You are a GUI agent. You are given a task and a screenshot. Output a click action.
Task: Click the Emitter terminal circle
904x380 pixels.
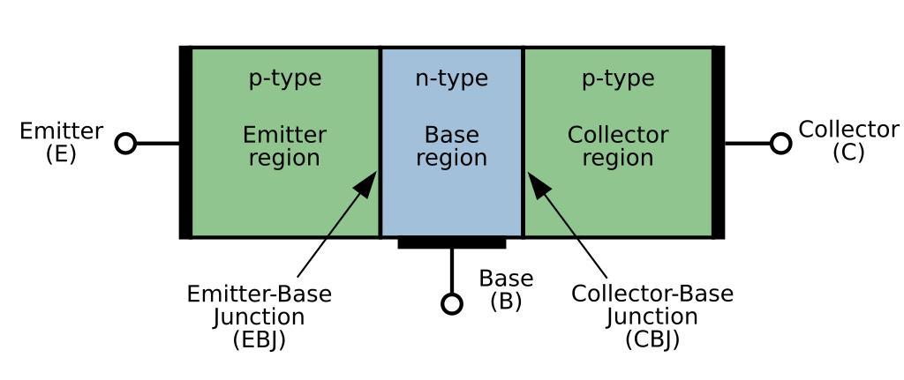tap(126, 143)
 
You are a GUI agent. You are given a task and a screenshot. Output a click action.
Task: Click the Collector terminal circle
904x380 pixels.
tap(780, 143)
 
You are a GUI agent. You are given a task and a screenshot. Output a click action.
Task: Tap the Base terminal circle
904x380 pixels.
tap(452, 304)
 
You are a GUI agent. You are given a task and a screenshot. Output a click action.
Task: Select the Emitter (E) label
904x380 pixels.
tap(61, 142)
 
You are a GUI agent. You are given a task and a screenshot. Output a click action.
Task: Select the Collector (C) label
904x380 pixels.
tap(848, 140)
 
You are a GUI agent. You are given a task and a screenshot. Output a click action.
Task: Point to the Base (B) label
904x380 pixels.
tap(506, 290)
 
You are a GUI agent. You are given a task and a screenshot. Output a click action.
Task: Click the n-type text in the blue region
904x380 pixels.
tap(451, 78)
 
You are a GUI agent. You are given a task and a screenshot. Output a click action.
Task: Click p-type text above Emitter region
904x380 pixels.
tap(284, 78)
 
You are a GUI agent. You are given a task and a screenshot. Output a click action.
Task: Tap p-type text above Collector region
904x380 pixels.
tap(618, 78)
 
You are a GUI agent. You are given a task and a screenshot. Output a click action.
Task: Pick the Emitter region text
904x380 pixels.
tap(284, 146)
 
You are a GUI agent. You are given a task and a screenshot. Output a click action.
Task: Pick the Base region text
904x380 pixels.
tap(451, 146)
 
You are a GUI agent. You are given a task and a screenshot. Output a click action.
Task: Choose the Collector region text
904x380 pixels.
tap(618, 146)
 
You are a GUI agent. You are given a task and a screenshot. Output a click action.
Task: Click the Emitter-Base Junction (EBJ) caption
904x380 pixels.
tap(260, 317)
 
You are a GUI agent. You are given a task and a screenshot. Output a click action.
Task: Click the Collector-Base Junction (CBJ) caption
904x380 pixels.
tap(652, 317)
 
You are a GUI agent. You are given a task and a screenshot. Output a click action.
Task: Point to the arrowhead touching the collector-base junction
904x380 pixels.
tap(538, 183)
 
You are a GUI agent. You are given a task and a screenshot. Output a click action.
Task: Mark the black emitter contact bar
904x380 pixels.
tap(185, 143)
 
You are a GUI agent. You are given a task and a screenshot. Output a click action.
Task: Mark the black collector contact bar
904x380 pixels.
tap(719, 143)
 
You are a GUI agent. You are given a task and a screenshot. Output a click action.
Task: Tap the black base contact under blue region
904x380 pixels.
tap(451, 242)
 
